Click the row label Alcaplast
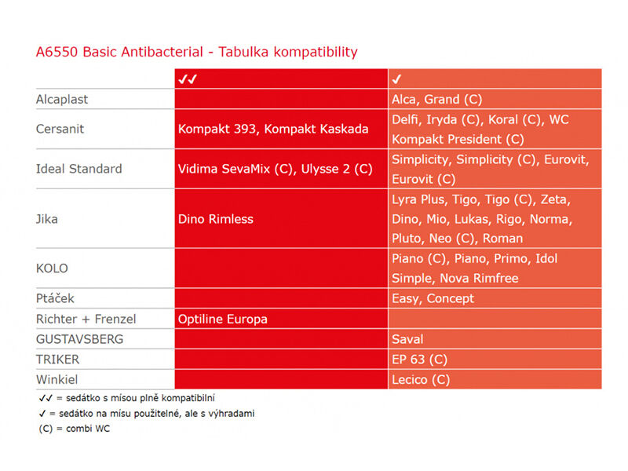62,100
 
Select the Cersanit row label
60,129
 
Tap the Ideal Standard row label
79,169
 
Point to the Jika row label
47,219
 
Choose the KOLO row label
52,268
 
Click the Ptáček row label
55,298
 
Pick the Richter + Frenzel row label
86,319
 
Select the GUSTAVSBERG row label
80,339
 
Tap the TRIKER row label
57,360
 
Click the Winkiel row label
57,379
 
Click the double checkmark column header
188,79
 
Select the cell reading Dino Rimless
216,219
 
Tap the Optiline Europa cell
223,319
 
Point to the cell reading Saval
407,339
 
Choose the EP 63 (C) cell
419,360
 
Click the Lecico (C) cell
421,379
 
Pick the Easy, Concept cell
433,298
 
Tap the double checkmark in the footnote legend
46,398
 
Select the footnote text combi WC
88,429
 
